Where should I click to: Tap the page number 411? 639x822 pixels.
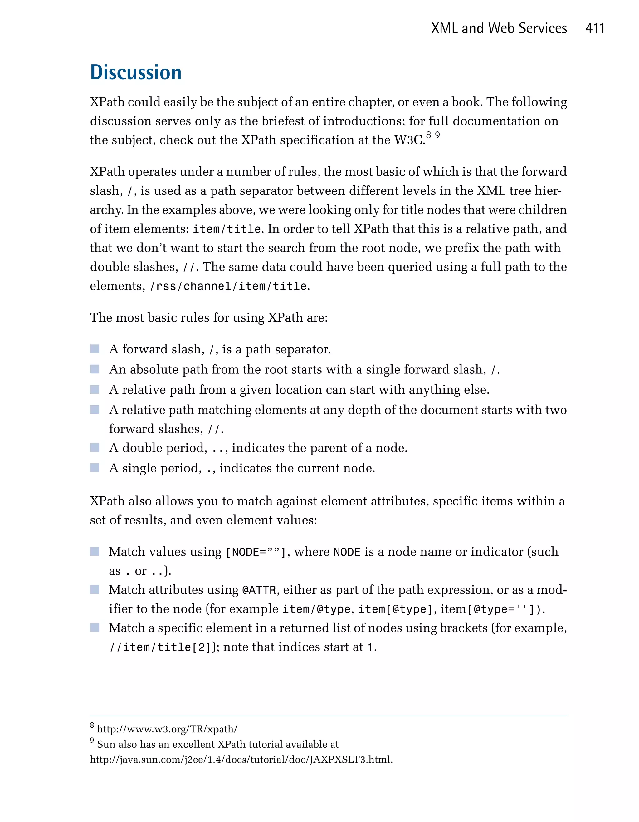595,29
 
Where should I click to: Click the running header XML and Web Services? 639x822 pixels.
499,29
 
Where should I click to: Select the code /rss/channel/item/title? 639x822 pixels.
229,286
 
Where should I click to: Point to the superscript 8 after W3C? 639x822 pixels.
428,135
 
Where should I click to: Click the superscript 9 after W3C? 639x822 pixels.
437,135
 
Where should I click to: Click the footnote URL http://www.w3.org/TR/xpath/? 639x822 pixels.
167,729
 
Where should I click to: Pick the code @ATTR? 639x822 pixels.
259,590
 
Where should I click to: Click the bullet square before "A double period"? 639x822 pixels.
95,447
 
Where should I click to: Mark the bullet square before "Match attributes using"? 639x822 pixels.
95,589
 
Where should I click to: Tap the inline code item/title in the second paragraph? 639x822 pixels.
227,229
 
